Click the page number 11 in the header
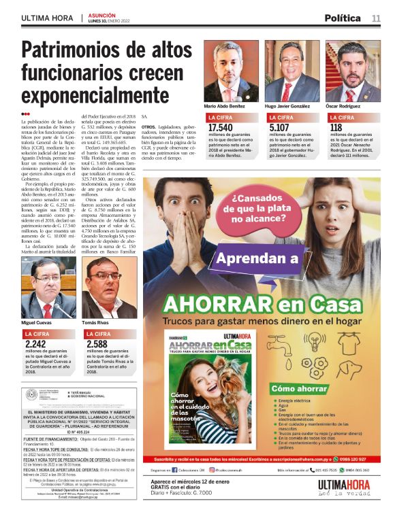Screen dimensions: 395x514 coord(376,18)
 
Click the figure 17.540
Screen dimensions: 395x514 coord(220,128)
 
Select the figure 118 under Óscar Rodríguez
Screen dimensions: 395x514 coord(336,128)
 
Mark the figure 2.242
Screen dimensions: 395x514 coord(35,344)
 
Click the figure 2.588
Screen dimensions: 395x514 coord(97,344)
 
